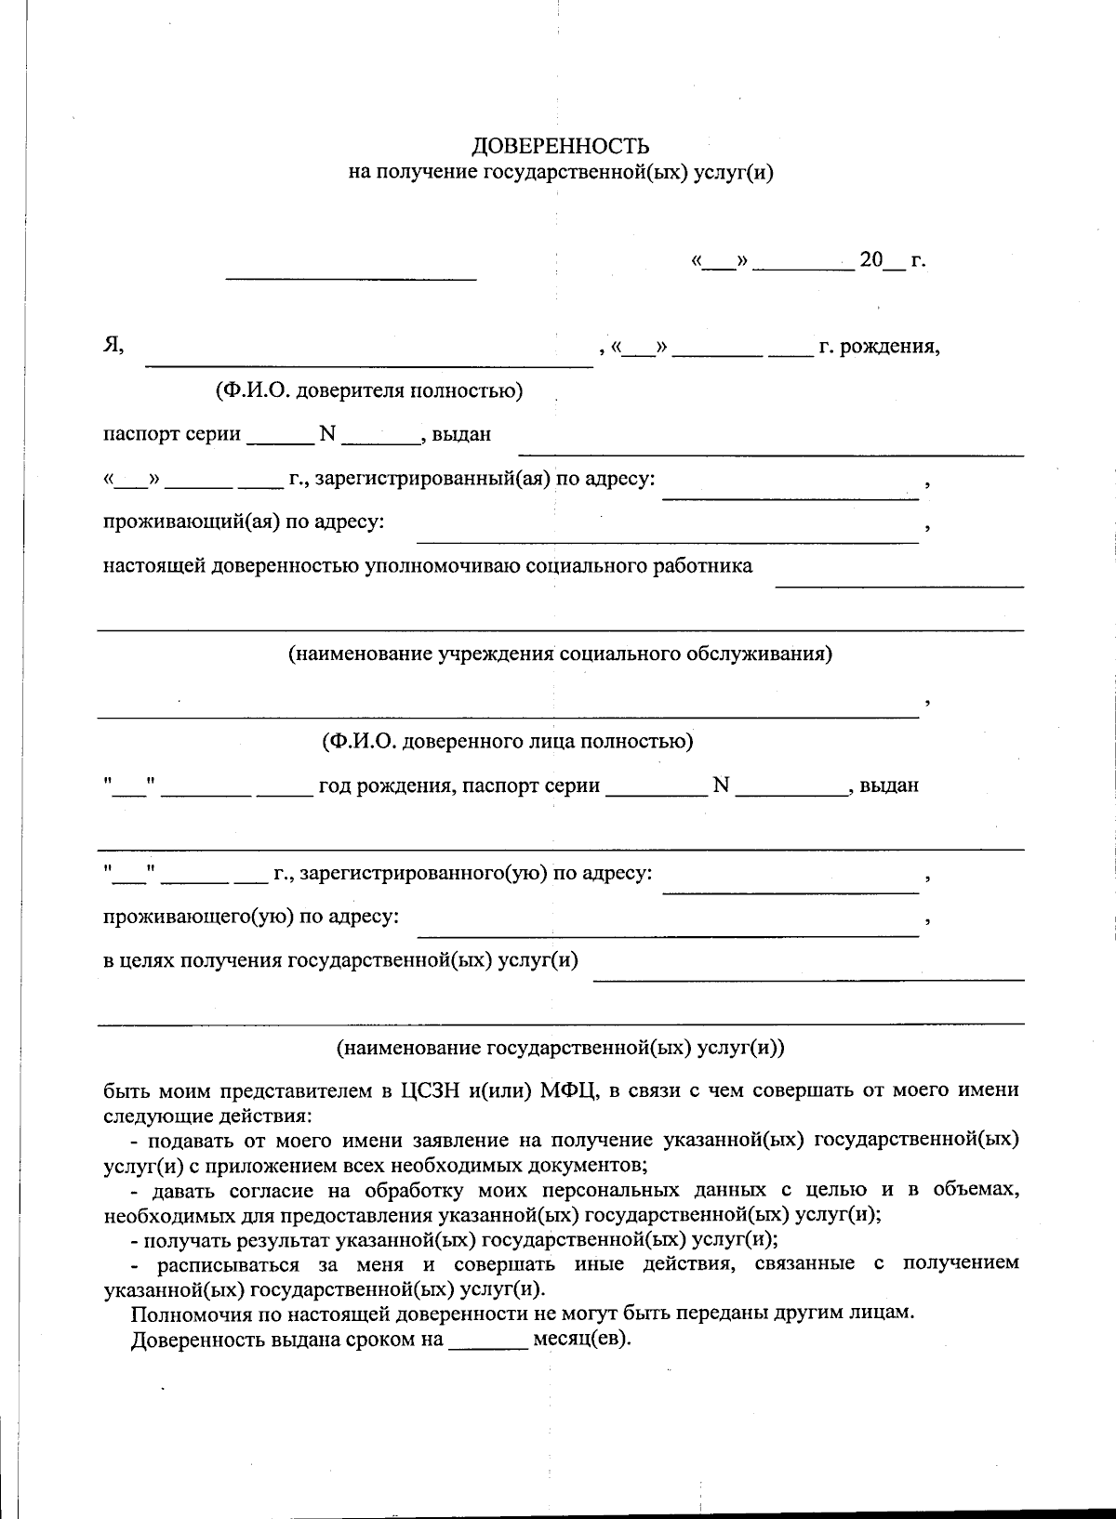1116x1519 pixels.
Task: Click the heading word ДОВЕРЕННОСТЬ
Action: point(561,146)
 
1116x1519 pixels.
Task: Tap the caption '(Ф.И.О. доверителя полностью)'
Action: point(369,391)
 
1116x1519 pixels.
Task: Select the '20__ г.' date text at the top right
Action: point(892,260)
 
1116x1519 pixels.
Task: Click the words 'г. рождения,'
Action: point(879,348)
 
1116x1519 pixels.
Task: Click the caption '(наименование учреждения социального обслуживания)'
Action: point(560,654)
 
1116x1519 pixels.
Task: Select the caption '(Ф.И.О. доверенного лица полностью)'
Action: point(507,742)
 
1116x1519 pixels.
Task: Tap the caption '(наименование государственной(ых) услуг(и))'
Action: point(561,1048)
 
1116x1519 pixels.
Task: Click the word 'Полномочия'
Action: point(187,1314)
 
